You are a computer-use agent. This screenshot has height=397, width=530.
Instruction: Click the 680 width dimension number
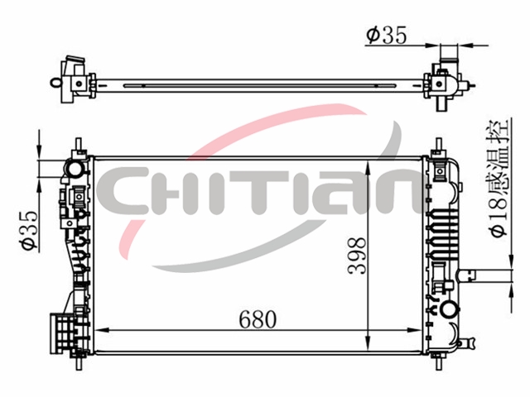pyautogui.click(x=258, y=319)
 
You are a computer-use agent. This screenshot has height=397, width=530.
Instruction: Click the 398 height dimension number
pyautogui.click(x=357, y=256)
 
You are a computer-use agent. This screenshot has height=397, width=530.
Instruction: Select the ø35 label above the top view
pyautogui.click(x=387, y=35)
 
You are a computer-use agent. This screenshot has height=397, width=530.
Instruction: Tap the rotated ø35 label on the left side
pyautogui.click(x=27, y=230)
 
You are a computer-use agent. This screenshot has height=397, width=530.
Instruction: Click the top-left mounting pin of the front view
pyautogui.click(x=79, y=145)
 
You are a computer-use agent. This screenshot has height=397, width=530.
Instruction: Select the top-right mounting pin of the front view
pyautogui.click(x=438, y=145)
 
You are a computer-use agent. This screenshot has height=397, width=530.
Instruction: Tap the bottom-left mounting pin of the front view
pyautogui.click(x=79, y=362)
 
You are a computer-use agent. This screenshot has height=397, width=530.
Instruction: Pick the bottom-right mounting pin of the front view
pyautogui.click(x=438, y=362)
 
